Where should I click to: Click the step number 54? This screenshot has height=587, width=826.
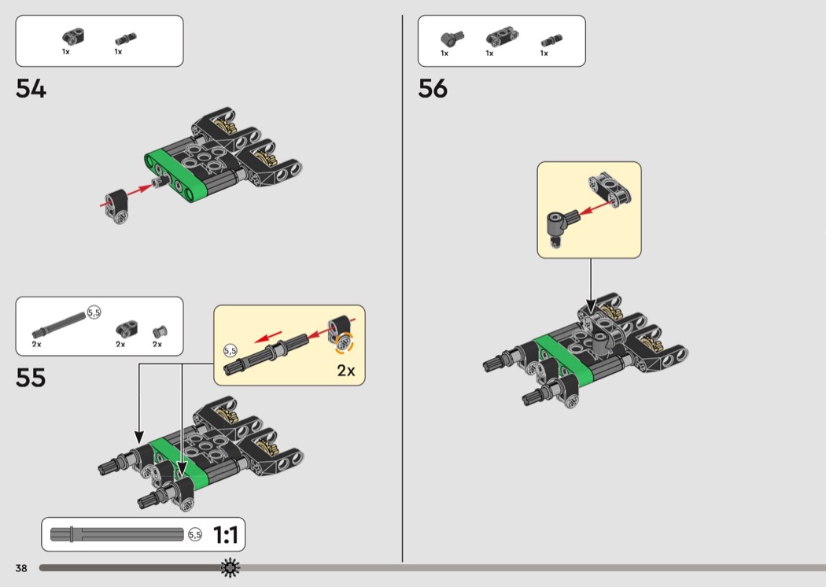pyautogui.click(x=31, y=89)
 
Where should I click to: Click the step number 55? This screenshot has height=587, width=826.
pyautogui.click(x=31, y=378)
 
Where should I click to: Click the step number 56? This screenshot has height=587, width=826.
pyautogui.click(x=433, y=89)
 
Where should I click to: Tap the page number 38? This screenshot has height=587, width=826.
pyautogui.click(x=20, y=567)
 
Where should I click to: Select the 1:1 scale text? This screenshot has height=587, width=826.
pyautogui.click(x=225, y=535)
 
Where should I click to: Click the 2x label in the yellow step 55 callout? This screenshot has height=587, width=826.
pyautogui.click(x=346, y=370)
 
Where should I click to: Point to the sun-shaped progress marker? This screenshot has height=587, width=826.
pyautogui.click(x=230, y=567)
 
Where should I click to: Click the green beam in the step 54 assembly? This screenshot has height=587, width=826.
pyautogui.click(x=176, y=173)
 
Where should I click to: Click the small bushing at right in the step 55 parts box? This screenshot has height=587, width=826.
pyautogui.click(x=157, y=331)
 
